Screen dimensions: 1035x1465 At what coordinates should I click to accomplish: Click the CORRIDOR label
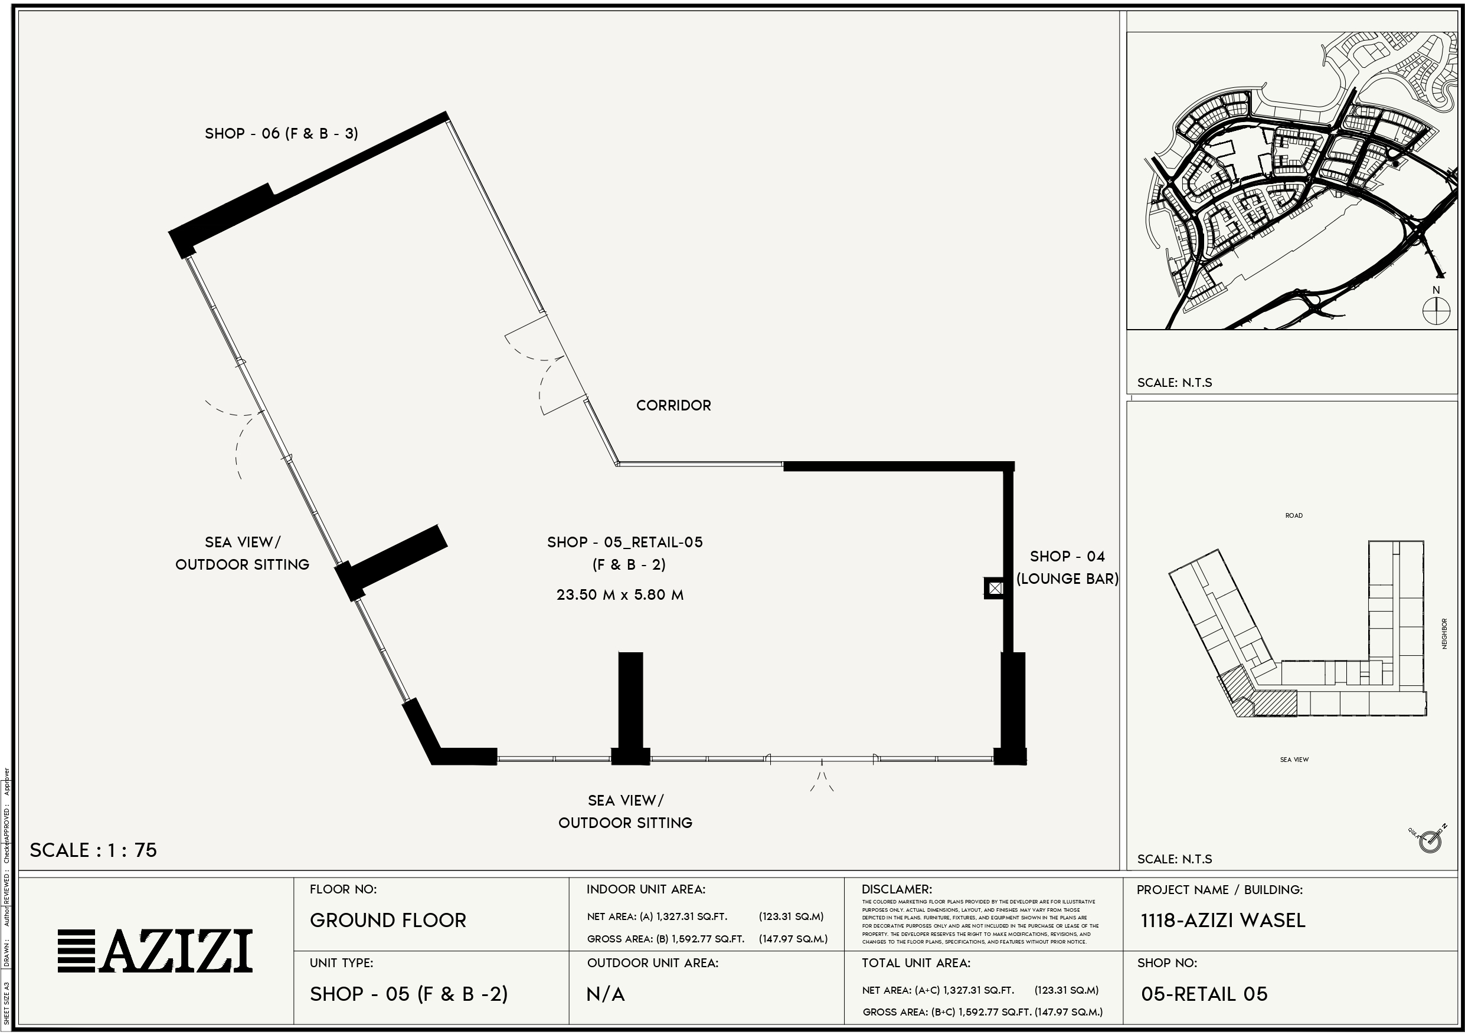tap(673, 406)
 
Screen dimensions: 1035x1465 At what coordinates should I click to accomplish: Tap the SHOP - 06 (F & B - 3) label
tap(282, 133)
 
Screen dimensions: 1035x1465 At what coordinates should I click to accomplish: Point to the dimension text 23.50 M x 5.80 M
tap(620, 595)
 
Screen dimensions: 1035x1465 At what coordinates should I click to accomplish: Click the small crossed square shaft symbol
tap(995, 588)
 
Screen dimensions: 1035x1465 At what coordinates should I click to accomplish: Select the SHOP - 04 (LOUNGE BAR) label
tap(1067, 567)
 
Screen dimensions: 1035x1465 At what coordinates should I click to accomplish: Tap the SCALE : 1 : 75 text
tap(93, 850)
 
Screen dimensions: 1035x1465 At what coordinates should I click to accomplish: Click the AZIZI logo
tap(155, 951)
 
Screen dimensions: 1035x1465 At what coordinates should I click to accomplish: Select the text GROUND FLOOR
tap(388, 920)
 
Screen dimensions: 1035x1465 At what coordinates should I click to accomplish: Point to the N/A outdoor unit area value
tap(605, 994)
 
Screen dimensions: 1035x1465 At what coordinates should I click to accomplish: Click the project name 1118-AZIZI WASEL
tap(1222, 920)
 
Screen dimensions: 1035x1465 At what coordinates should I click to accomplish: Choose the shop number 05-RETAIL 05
tap(1204, 994)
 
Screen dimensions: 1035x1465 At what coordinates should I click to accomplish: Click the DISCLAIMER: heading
tap(897, 889)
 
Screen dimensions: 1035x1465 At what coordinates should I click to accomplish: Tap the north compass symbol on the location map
tap(1436, 312)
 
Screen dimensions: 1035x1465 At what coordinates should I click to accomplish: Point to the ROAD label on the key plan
tap(1293, 515)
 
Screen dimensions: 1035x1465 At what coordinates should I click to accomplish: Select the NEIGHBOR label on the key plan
tap(1444, 634)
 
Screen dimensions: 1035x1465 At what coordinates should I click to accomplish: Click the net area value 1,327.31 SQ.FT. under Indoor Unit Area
tap(692, 916)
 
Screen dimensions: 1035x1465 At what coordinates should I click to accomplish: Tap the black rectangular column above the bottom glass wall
tap(630, 701)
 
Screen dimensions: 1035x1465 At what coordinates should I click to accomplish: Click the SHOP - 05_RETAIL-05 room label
tap(624, 543)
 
